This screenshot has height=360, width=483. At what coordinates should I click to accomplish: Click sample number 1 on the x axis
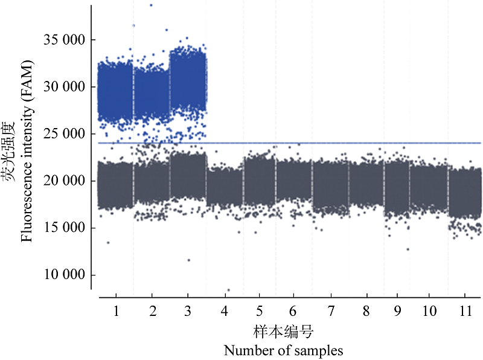pos(115,312)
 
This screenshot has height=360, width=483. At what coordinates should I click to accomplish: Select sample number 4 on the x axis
pos(225,312)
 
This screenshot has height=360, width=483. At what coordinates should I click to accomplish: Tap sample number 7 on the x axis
pos(330,312)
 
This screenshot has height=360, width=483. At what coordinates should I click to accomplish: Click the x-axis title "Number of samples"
pos(283,350)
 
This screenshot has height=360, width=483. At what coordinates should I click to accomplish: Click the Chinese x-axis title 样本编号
pos(283,332)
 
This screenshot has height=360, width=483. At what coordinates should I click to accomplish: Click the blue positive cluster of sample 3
pos(188,82)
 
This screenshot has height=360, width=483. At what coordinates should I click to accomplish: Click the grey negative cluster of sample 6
pos(293,179)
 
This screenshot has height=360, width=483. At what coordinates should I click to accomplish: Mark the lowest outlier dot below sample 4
pos(228,291)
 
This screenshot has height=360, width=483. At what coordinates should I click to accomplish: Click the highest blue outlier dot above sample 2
pos(151,5)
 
